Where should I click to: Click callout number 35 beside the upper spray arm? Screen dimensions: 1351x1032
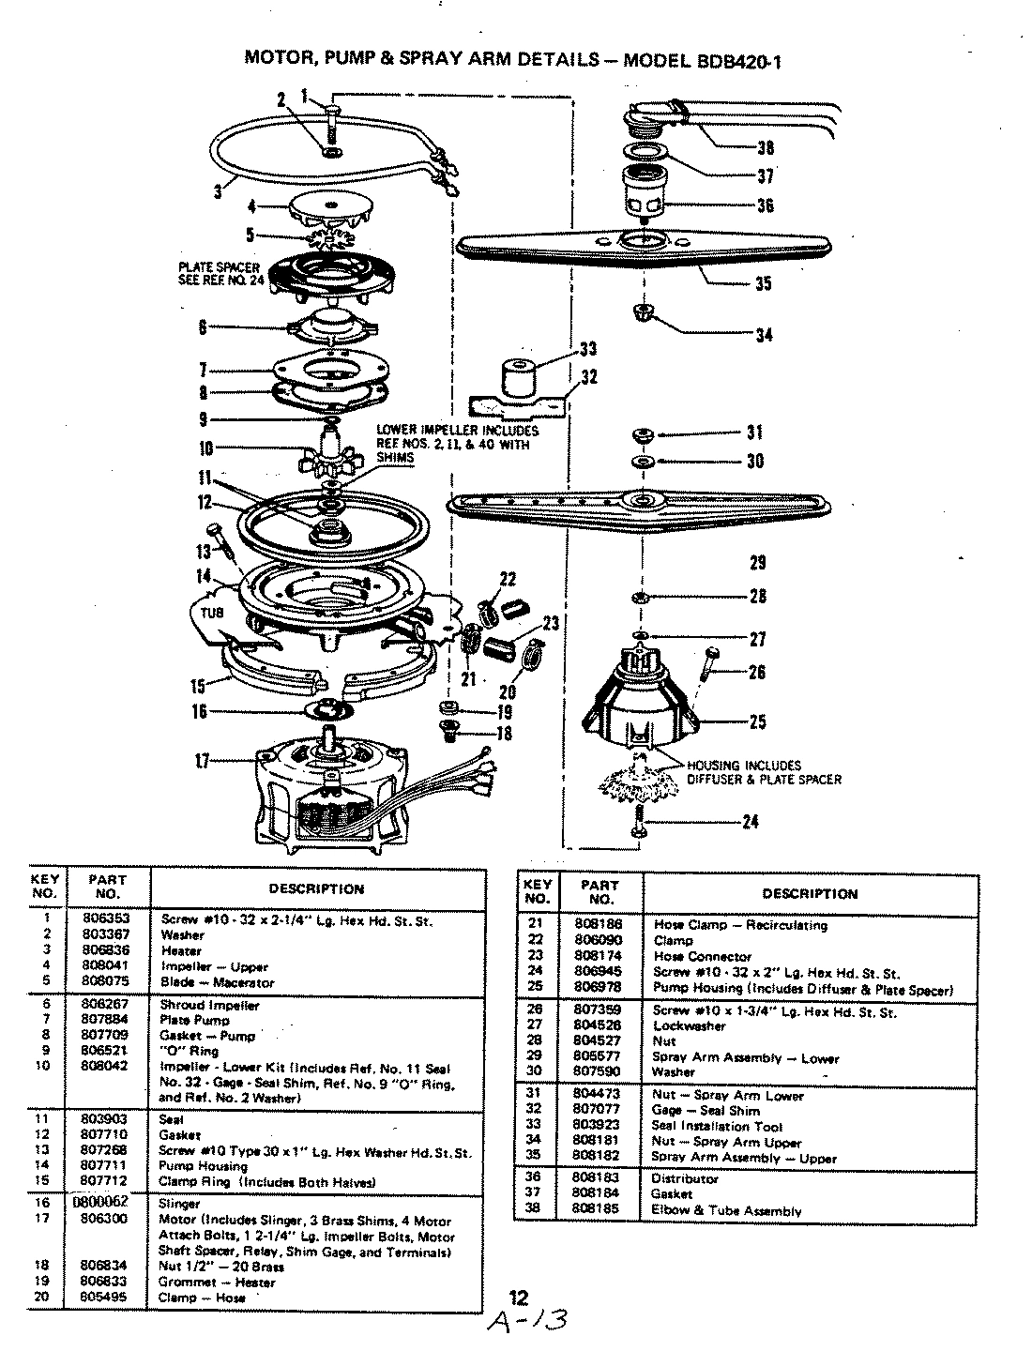(x=763, y=283)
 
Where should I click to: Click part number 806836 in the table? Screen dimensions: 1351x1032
(x=100, y=950)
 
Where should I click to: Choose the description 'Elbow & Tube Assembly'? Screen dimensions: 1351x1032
(x=726, y=1210)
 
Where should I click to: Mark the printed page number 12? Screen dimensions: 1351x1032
(x=519, y=1298)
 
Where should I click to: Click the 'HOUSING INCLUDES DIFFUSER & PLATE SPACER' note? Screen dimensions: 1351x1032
(x=764, y=772)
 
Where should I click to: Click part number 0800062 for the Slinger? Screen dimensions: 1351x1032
(x=100, y=1203)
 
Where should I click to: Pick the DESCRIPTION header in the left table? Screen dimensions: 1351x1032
(x=316, y=888)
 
